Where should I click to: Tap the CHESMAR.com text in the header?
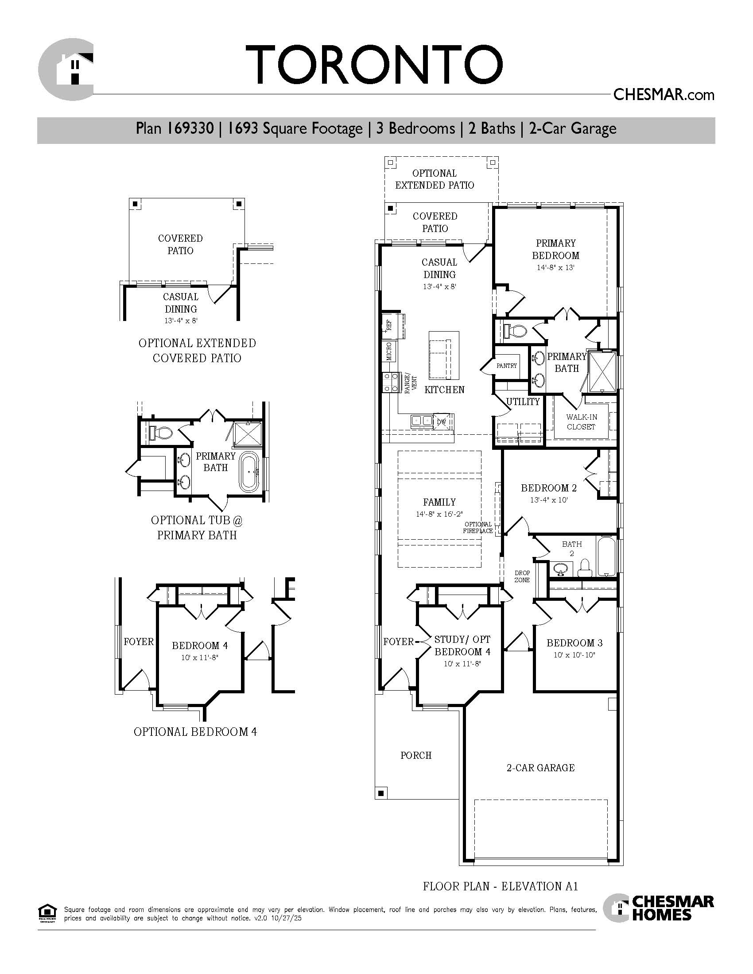664,95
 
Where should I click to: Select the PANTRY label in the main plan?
507,366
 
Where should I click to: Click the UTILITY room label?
523,402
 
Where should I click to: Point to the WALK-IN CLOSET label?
581,422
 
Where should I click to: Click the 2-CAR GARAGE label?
541,768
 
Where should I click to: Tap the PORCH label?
416,755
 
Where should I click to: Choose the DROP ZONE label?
522,576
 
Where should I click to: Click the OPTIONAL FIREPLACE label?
478,528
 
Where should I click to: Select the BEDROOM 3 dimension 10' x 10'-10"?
574,655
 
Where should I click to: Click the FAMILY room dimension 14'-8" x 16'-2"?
439,514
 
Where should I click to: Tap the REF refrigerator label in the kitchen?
389,324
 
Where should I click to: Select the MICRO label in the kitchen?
389,352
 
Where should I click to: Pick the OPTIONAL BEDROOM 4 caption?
195,732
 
